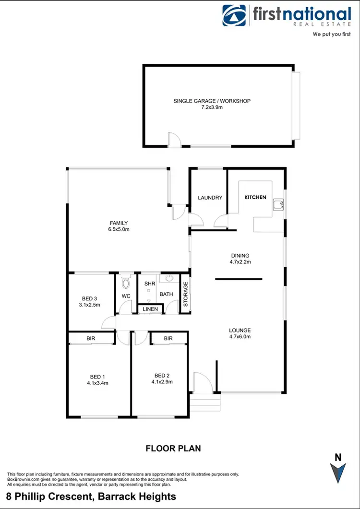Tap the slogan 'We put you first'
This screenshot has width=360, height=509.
point(332,35)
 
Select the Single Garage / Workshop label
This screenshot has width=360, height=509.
point(212,101)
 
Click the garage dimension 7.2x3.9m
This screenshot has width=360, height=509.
point(212,107)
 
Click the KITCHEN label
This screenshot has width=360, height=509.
point(255,197)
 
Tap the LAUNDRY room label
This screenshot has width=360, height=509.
point(210,198)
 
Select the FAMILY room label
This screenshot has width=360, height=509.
point(119,223)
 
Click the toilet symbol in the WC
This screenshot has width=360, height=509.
point(126,283)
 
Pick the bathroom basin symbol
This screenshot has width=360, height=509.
point(169,278)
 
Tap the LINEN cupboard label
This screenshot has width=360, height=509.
point(150,309)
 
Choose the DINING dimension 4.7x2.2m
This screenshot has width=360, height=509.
point(240,262)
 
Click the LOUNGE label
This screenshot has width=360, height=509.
point(240,330)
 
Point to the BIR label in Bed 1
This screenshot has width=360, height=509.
point(91,339)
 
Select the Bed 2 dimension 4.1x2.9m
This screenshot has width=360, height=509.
point(162,382)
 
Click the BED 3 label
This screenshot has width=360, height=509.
point(90,298)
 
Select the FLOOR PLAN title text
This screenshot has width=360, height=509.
point(173,449)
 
